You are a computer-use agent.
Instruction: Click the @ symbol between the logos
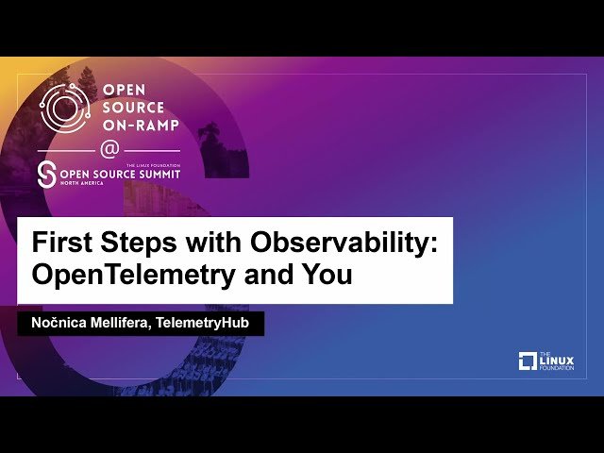point(109,149)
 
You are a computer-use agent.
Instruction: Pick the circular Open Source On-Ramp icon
point(64,107)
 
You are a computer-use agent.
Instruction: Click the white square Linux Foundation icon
point(528,361)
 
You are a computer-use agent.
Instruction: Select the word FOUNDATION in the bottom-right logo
point(556,367)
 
